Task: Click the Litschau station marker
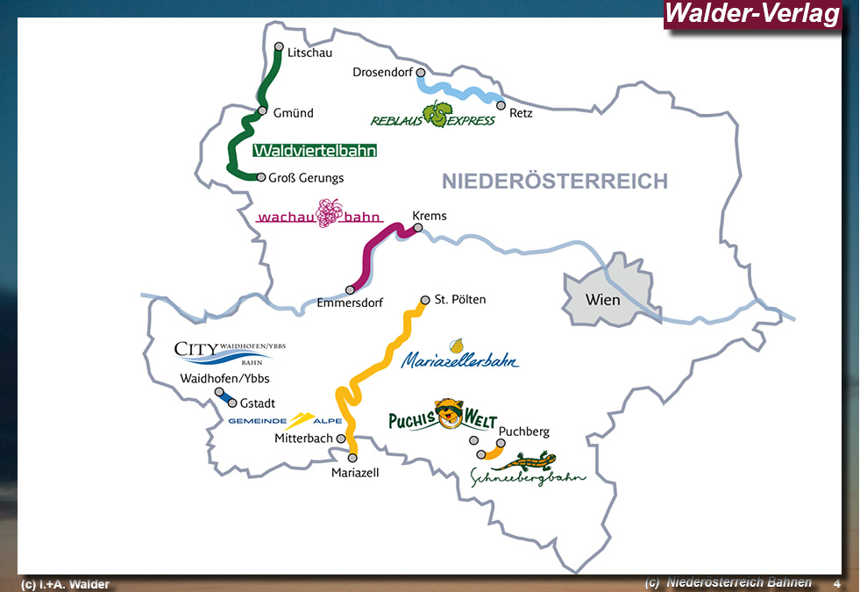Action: pyautogui.click(x=279, y=46)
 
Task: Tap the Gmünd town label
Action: pyautogui.click(x=293, y=113)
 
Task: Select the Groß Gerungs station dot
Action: pyautogui.click(x=260, y=177)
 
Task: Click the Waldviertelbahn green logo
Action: pyautogui.click(x=315, y=151)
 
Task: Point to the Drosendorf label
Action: pyautogui.click(x=382, y=72)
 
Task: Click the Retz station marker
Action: pyautogui.click(x=501, y=105)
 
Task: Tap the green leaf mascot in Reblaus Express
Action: pyautogui.click(x=437, y=113)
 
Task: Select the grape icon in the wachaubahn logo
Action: pyautogui.click(x=329, y=212)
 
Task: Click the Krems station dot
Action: pyautogui.click(x=418, y=227)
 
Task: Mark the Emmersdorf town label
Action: pyautogui.click(x=351, y=304)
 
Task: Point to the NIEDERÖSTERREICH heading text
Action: pyautogui.click(x=554, y=182)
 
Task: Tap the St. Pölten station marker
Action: pyautogui.click(x=425, y=299)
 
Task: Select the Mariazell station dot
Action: pyautogui.click(x=353, y=457)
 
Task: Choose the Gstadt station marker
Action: pyautogui.click(x=232, y=403)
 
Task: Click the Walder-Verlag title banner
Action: pyautogui.click(x=752, y=14)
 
